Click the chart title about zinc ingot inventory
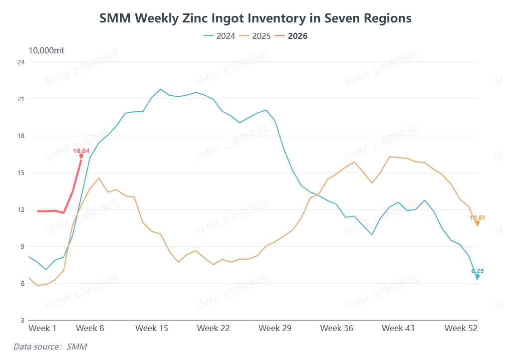[255, 18]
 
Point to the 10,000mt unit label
[46, 50]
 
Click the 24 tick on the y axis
[21, 62]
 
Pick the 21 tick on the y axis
[21, 99]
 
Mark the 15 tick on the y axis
[21, 173]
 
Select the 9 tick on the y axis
[22, 247]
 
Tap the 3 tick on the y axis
[22, 320]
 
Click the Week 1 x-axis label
[42, 328]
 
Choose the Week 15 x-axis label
[152, 328]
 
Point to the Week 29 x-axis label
[275, 328]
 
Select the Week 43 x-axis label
[398, 328]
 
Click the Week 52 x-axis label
[461, 328]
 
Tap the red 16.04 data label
[81, 151]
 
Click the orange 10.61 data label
[477, 217]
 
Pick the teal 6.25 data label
[477, 271]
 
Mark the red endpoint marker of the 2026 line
[81, 156]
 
